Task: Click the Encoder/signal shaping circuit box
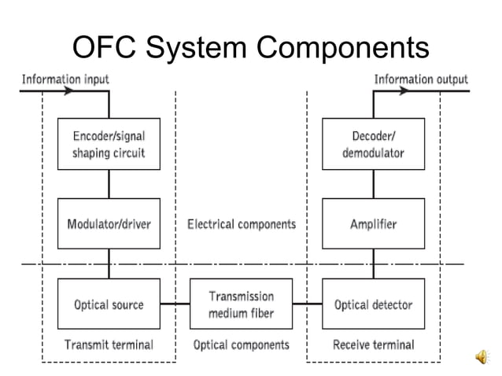(x=109, y=144)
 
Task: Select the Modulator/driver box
(x=109, y=224)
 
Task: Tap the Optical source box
(x=109, y=304)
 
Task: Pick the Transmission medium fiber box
(x=241, y=304)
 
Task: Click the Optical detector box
(x=373, y=304)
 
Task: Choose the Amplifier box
(x=373, y=224)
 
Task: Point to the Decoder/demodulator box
(x=373, y=144)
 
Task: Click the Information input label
(x=65, y=79)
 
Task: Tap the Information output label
(x=421, y=79)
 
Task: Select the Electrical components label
(x=241, y=224)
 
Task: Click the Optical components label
(x=241, y=345)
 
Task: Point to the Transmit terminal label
(x=109, y=345)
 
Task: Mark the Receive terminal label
(x=373, y=345)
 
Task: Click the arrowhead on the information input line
(x=76, y=91)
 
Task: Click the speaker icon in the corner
(x=482, y=358)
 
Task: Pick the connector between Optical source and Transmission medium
(x=175, y=304)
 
